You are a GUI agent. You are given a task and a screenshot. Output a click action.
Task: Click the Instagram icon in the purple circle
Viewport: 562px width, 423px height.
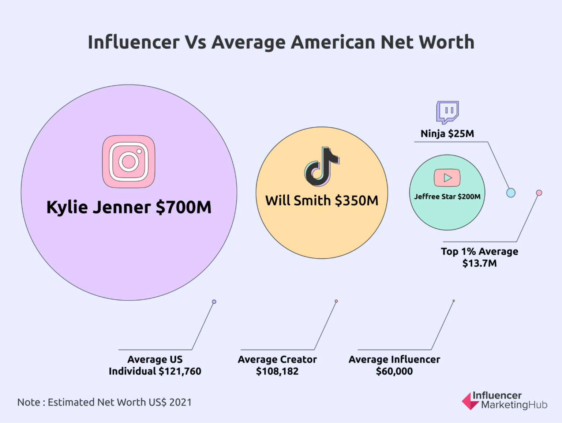click(x=128, y=161)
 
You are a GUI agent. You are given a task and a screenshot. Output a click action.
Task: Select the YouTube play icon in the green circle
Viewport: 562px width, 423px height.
click(x=447, y=178)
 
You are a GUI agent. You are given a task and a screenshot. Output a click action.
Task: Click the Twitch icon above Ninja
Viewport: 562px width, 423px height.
click(x=447, y=112)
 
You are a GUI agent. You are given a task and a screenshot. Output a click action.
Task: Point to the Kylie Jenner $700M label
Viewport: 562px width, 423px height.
click(x=129, y=207)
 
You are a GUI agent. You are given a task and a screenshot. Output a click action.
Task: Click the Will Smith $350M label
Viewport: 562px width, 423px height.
click(x=322, y=201)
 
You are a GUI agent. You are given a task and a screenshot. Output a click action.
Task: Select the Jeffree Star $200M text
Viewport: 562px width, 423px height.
click(x=447, y=196)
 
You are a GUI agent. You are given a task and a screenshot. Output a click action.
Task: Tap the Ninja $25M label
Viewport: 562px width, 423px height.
click(x=447, y=134)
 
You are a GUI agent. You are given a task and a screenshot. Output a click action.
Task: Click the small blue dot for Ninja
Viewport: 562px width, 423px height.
click(x=511, y=192)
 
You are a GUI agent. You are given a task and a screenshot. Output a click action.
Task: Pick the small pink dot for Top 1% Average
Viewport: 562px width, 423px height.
click(x=539, y=192)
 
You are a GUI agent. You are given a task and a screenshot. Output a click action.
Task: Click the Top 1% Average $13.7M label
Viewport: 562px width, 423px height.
click(x=479, y=257)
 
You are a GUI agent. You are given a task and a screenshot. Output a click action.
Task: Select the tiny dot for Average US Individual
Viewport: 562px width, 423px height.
click(x=214, y=302)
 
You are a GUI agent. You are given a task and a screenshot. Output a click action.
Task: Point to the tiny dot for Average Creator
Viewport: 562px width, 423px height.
click(x=336, y=301)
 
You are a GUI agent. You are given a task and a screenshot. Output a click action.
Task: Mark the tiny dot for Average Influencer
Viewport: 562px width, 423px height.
click(x=454, y=301)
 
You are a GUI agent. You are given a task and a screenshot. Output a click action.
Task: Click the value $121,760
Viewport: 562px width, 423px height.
click(x=180, y=371)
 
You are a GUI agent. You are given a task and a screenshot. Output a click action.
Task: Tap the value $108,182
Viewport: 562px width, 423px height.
click(x=277, y=371)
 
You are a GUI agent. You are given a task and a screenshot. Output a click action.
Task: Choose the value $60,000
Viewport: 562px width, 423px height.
click(x=394, y=371)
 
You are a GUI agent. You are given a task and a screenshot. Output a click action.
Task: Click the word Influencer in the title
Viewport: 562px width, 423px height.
click(x=134, y=42)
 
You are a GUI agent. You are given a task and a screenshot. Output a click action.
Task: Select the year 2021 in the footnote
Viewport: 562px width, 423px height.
click(x=180, y=403)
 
